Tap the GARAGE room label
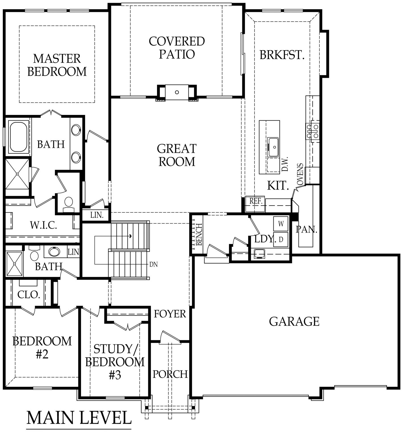[294, 322]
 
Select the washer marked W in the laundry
[281, 224]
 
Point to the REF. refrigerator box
[255, 201]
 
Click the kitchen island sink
[273, 147]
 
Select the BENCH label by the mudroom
[199, 234]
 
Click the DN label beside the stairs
[154, 265]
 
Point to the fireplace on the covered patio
[177, 92]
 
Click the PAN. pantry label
[306, 229]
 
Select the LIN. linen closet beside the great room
[97, 215]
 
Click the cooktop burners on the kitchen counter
[313, 131]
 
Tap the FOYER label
[170, 314]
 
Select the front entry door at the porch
[170, 338]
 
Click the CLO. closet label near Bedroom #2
[28, 295]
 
